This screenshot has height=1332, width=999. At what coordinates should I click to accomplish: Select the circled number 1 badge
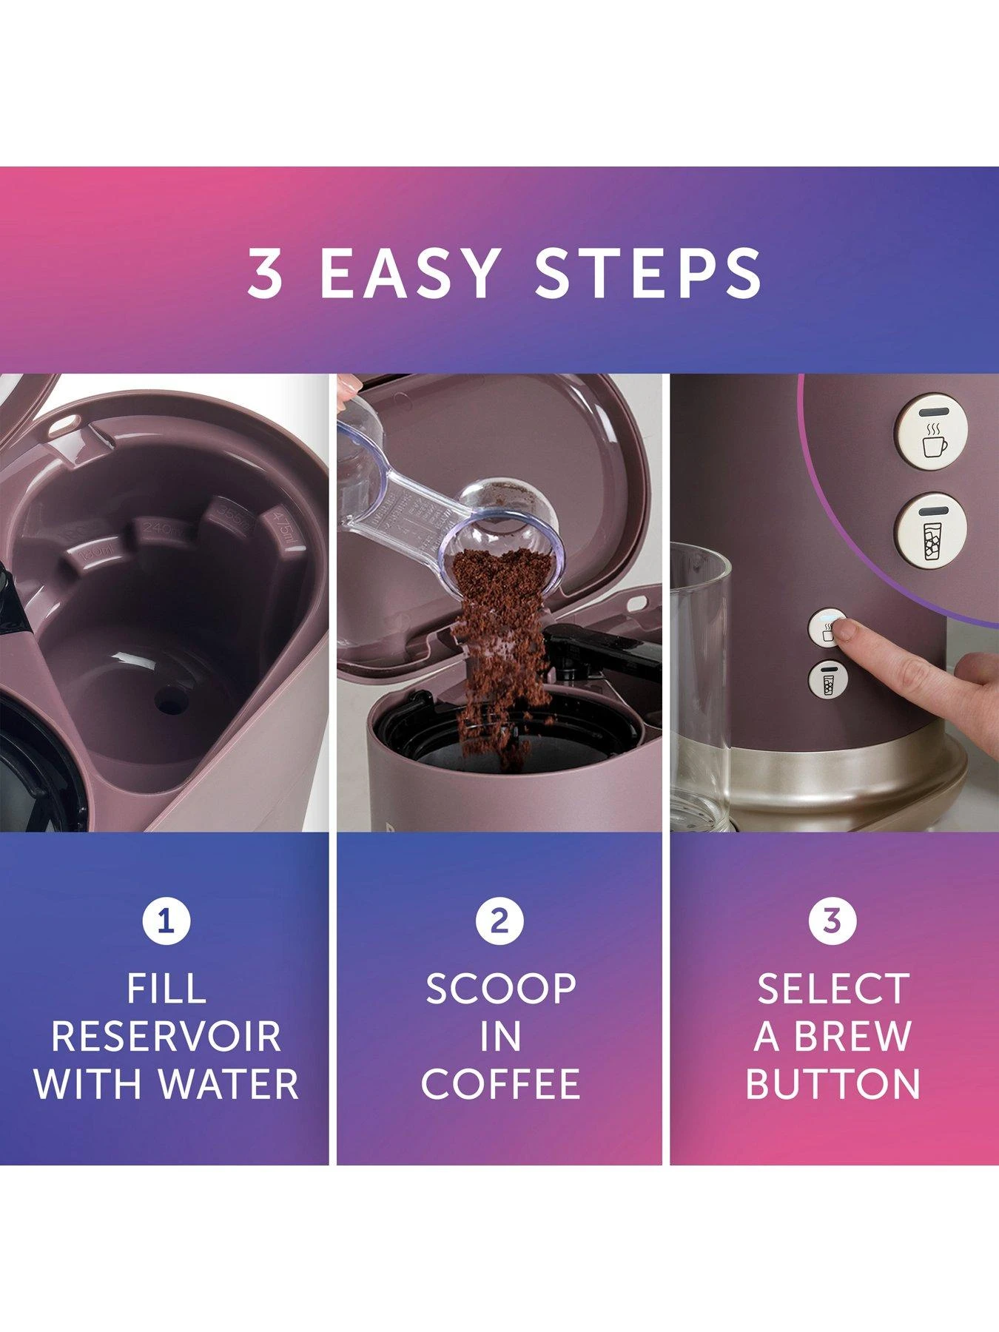pyautogui.click(x=166, y=921)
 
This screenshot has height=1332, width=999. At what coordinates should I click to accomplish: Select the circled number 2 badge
pyautogui.click(x=499, y=921)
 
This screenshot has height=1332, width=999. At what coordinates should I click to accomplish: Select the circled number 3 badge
pyautogui.click(x=832, y=921)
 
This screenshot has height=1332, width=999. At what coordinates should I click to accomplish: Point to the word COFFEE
pyautogui.click(x=500, y=1084)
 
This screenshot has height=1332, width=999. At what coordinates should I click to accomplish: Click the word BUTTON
pyautogui.click(x=832, y=1084)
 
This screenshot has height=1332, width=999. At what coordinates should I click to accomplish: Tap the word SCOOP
pyautogui.click(x=500, y=989)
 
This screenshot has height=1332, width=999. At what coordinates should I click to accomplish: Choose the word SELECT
pyautogui.click(x=832, y=989)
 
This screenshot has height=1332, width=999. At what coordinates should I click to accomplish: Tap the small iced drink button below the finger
pyautogui.click(x=828, y=680)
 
